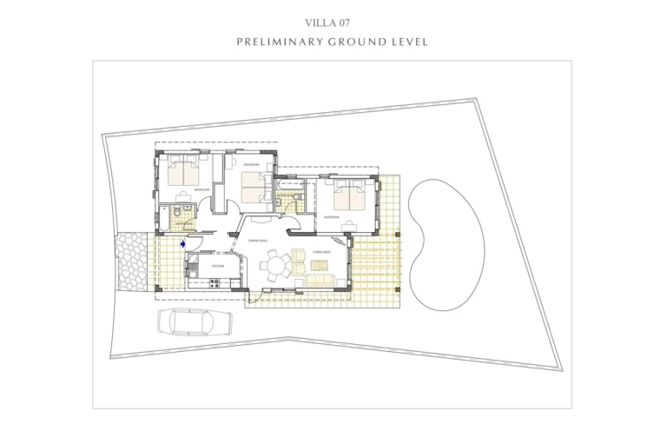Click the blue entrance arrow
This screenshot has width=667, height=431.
click(x=182, y=244)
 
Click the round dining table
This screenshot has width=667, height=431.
click(x=277, y=264)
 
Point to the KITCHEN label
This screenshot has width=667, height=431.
click(x=218, y=265)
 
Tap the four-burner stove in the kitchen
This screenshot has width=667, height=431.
click(x=215, y=284)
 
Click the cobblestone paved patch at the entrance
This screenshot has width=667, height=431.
click(x=133, y=261)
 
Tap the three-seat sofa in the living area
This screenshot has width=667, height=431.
click(x=318, y=280)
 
